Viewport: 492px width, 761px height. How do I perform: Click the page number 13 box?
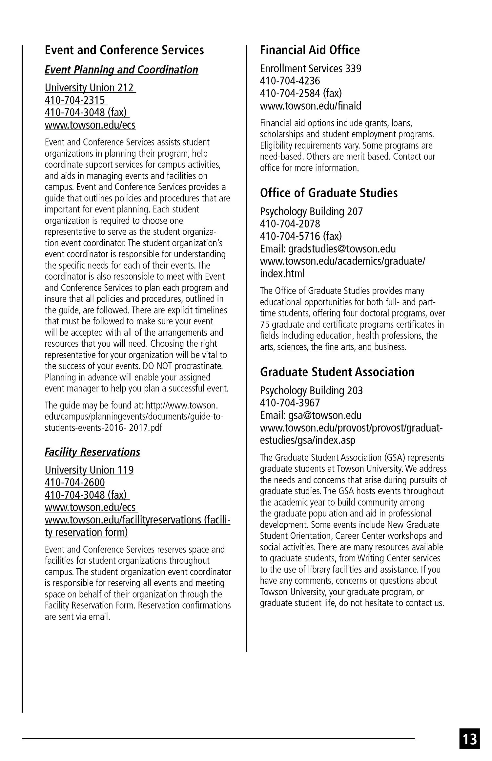tap(469, 739)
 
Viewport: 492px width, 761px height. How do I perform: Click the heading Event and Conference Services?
tap(124, 50)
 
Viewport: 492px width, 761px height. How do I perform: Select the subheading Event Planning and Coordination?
tap(121, 70)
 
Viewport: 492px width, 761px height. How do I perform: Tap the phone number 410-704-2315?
tap(75, 100)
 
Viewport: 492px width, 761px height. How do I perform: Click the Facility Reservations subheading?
tap(92, 452)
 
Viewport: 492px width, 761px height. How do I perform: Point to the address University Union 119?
tap(89, 470)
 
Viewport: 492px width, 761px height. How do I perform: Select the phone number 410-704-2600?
tap(75, 483)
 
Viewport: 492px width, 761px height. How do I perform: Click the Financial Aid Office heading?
tap(310, 50)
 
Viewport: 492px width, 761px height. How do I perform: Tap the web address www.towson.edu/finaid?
tap(310, 106)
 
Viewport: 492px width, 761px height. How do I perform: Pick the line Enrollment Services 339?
tap(310, 69)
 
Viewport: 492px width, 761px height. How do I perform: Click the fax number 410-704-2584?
tap(290, 94)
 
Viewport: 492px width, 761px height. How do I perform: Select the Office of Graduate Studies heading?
tap(329, 193)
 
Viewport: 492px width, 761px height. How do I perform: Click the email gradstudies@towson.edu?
tap(342, 249)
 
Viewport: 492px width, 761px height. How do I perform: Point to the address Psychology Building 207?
tap(311, 211)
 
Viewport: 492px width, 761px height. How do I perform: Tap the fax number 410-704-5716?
tap(290, 236)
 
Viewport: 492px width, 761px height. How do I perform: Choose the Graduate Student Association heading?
tap(337, 372)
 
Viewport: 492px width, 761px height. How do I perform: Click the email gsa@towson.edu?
tap(325, 416)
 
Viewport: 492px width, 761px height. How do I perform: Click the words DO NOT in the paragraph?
tap(157, 366)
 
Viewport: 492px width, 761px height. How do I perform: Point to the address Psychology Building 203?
tap(311, 391)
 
